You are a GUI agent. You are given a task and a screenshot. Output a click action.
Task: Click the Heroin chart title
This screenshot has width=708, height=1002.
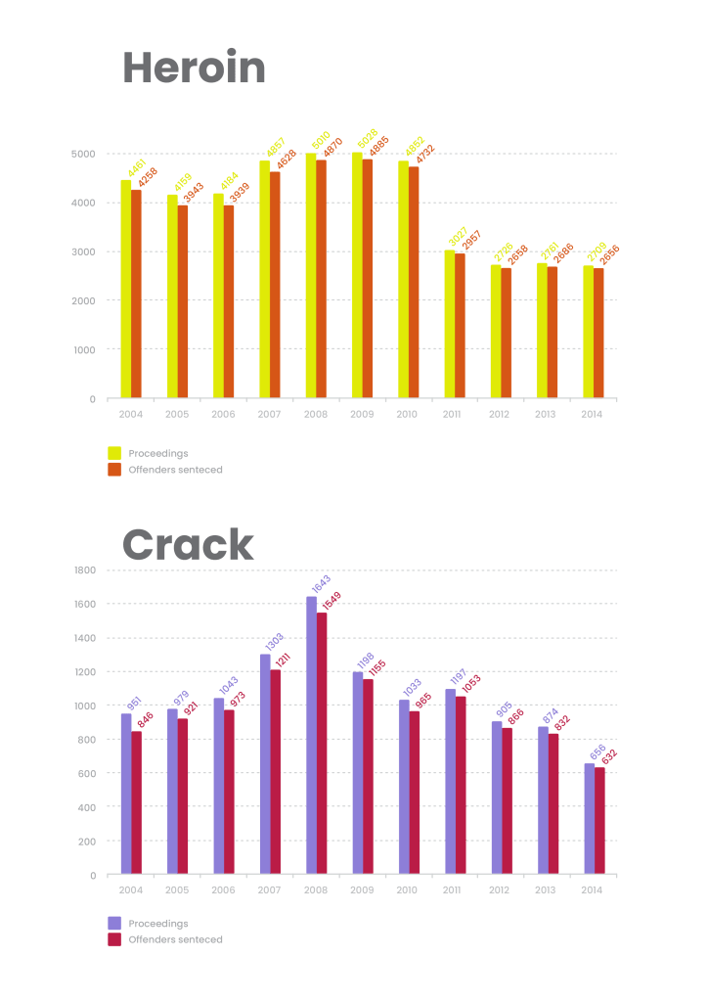194,69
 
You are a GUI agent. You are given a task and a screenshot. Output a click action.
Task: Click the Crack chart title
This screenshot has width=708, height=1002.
187,544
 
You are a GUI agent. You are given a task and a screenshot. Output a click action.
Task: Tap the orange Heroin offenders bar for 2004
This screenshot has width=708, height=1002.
137,294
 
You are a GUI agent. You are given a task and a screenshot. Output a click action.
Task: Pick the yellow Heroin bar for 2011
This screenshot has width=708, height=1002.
449,324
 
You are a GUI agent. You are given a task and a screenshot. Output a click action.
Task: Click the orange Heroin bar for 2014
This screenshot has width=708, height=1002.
598,333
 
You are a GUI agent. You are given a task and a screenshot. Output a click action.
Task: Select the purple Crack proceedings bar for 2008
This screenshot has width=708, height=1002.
311,735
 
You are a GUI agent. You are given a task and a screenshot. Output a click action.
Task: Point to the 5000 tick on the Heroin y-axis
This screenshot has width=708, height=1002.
83,154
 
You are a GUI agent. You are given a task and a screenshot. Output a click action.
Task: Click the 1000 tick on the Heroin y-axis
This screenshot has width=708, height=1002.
83,349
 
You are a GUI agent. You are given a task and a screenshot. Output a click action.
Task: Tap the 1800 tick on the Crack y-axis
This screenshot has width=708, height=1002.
85,569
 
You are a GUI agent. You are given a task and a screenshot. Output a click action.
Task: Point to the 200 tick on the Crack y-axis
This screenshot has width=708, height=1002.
87,841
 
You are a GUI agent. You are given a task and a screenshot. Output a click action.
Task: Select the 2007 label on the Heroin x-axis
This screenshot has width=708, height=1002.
269,414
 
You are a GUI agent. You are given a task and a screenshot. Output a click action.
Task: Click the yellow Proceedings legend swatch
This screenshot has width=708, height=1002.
114,453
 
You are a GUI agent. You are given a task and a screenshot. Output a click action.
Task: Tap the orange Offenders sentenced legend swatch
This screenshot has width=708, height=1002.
114,470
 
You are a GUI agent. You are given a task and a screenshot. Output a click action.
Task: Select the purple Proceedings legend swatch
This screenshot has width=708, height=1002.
114,923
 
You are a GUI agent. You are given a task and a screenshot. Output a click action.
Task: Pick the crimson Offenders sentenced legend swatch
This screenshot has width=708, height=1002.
114,939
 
